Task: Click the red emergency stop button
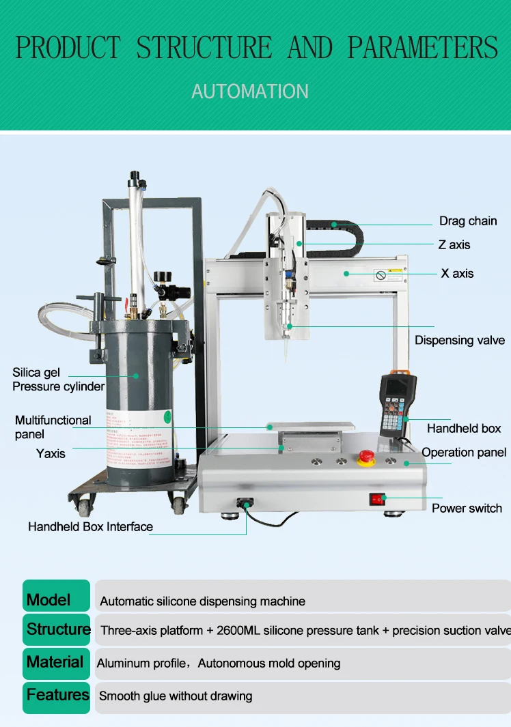click(367, 457)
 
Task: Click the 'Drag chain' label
click(468, 221)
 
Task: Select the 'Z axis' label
click(454, 244)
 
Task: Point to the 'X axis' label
click(457, 273)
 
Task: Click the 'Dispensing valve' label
click(460, 340)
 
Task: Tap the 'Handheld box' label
click(464, 428)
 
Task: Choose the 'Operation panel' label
click(464, 453)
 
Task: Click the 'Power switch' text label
click(467, 508)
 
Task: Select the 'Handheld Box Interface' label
click(90, 526)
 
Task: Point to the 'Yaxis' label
click(51, 453)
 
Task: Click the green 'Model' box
click(57, 596)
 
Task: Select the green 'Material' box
click(57, 663)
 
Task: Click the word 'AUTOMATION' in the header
click(250, 91)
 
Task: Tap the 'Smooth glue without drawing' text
click(176, 696)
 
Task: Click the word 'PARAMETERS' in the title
click(423, 48)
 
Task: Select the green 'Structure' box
click(57, 629)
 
